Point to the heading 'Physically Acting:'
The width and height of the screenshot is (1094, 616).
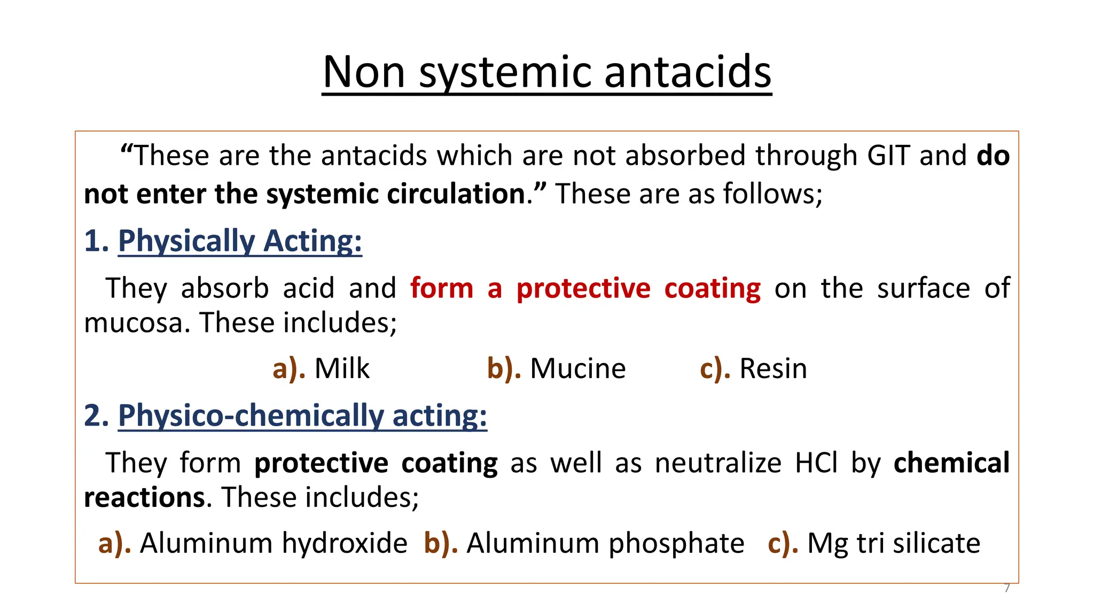pyautogui.click(x=240, y=241)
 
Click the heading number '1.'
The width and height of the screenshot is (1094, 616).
pyautogui.click(x=96, y=241)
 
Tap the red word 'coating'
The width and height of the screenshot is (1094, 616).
pyautogui.click(x=713, y=288)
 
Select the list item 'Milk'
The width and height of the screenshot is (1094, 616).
pyautogui.click(x=342, y=369)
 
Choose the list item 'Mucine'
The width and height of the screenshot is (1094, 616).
pyautogui.click(x=577, y=369)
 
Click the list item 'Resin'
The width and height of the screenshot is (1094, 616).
pyautogui.click(x=773, y=369)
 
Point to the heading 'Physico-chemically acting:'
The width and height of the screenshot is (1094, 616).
pyautogui.click(x=302, y=415)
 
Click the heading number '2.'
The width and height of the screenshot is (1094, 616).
pyautogui.click(x=96, y=415)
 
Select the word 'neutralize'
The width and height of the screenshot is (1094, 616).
pyautogui.click(x=718, y=463)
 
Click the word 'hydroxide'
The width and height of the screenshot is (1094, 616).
pyautogui.click(x=345, y=543)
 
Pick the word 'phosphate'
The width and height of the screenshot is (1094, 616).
pyautogui.click(x=676, y=543)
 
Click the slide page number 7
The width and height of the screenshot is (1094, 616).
pyautogui.click(x=1007, y=588)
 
